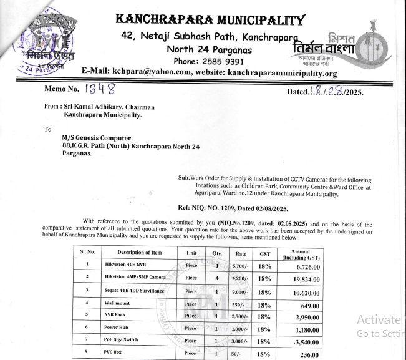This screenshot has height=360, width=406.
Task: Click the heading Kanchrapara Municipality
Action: [210, 19]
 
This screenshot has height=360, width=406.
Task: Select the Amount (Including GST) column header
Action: [301, 253]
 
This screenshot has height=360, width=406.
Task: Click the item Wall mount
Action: [117, 304]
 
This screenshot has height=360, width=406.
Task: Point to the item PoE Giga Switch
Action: [121, 339]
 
